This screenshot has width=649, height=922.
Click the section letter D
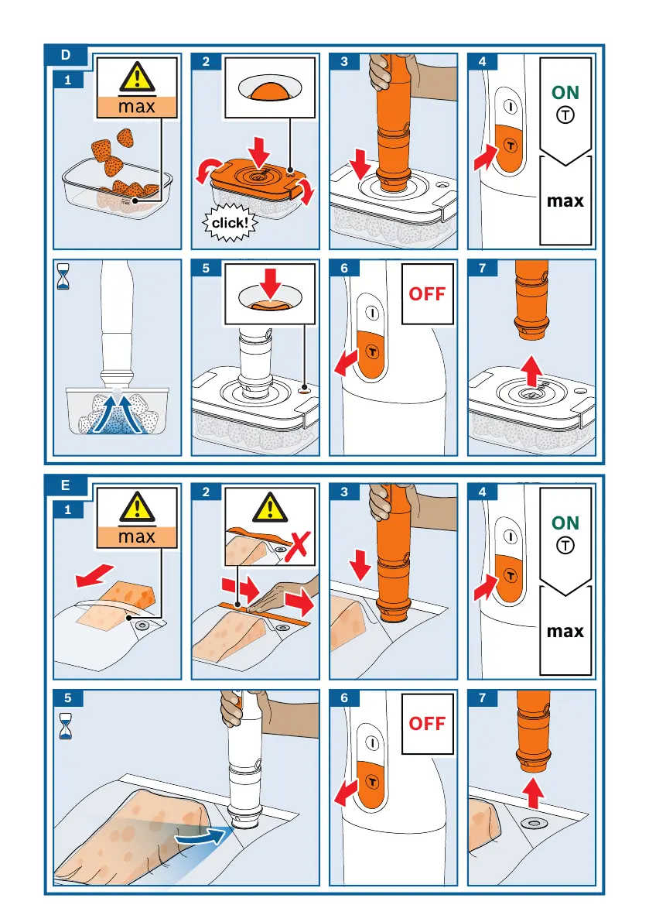[x=65, y=55]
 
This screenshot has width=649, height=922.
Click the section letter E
[x=65, y=485]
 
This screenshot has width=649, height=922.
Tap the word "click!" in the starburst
[x=230, y=223]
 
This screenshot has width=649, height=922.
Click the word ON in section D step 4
[x=565, y=92]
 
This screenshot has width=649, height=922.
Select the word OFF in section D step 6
[x=427, y=293]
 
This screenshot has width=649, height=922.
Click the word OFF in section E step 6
[x=427, y=723]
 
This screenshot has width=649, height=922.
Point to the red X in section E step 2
[x=298, y=546]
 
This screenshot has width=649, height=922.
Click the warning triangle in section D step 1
[x=137, y=77]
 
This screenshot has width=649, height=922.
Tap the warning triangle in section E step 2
[x=270, y=508]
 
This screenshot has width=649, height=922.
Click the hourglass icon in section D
[x=63, y=276]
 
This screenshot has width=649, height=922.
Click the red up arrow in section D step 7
[x=531, y=371]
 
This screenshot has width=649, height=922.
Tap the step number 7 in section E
[x=482, y=698]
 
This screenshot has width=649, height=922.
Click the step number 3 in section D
[x=344, y=61]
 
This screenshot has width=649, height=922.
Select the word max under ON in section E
[x=565, y=632]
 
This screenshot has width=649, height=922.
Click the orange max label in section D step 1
[x=137, y=106]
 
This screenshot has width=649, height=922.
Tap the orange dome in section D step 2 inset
[x=270, y=91]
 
